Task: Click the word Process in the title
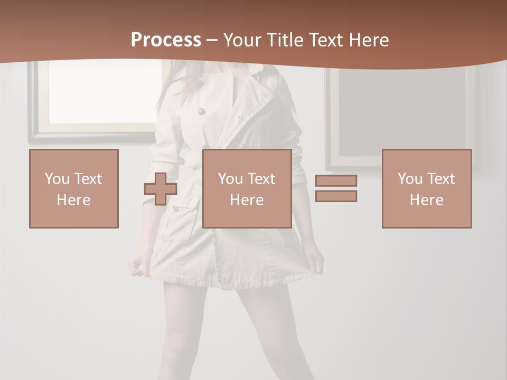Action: (x=166, y=40)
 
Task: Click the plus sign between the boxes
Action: (x=161, y=189)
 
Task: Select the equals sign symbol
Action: (x=336, y=188)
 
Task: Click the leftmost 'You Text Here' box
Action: (x=74, y=188)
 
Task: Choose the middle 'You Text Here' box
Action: (x=247, y=188)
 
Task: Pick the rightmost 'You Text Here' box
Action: (x=427, y=188)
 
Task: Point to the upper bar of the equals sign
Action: (x=336, y=180)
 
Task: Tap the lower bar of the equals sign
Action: (x=336, y=196)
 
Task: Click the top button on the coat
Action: (x=201, y=111)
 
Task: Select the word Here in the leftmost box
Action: (x=74, y=200)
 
